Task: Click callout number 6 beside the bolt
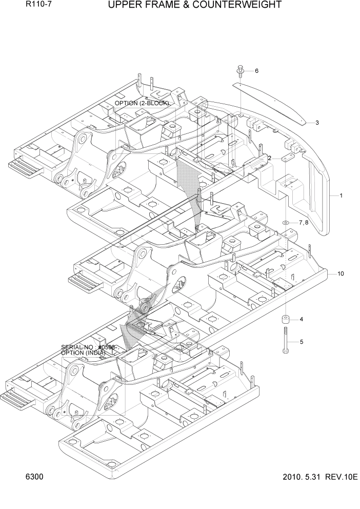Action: click(256, 71)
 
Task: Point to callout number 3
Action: click(317, 123)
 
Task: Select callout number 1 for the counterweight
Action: click(341, 195)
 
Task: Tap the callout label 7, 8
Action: click(304, 223)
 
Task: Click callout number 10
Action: click(341, 273)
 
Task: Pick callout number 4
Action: click(302, 319)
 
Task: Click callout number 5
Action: click(302, 342)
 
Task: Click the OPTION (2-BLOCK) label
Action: click(142, 103)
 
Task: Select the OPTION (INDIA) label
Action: click(83, 353)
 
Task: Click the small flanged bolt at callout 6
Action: click(241, 71)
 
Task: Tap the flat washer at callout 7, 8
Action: click(285, 223)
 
